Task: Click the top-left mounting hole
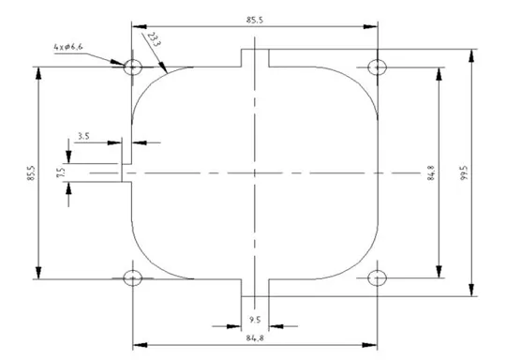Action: click(131, 67)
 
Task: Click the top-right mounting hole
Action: click(378, 67)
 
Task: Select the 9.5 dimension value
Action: click(255, 319)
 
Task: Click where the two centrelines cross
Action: click(255, 172)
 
